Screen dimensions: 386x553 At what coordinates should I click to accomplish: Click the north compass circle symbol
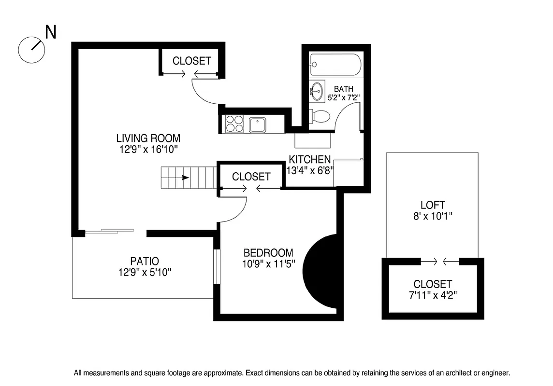click(31, 50)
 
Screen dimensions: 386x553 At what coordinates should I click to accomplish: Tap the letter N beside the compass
click(51, 32)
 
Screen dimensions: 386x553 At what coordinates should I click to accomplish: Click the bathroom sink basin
click(317, 91)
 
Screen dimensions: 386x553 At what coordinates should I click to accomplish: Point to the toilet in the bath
click(320, 116)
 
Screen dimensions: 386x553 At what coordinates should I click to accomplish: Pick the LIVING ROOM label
click(148, 138)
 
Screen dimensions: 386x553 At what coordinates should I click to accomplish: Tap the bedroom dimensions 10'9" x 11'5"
click(269, 264)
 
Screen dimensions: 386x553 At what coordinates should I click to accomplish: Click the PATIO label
click(145, 261)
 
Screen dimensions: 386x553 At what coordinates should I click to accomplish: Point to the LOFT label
click(433, 205)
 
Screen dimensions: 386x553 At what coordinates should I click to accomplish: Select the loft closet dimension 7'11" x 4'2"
click(433, 295)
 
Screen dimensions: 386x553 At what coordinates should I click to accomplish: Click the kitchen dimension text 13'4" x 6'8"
click(310, 170)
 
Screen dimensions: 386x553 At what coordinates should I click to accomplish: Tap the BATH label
click(343, 89)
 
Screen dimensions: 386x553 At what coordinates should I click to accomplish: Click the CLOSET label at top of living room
click(191, 61)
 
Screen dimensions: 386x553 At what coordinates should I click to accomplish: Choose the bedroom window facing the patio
click(217, 266)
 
